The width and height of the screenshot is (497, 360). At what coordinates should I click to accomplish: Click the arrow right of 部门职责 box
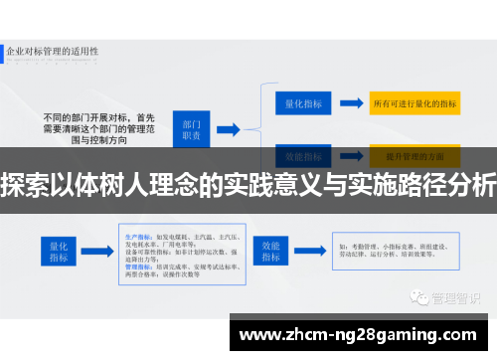point(228,128)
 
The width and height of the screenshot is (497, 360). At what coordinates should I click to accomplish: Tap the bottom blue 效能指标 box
point(269,249)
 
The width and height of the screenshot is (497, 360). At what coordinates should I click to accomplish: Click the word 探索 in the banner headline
point(23,185)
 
